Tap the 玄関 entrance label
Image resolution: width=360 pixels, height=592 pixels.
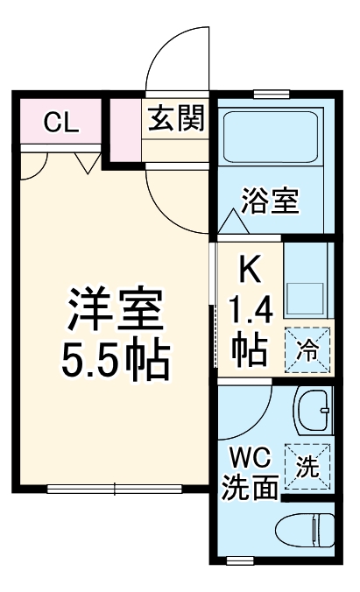(x=175, y=119)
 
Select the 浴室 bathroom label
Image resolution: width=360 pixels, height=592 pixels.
(x=271, y=201)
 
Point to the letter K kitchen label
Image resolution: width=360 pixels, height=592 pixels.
(x=249, y=271)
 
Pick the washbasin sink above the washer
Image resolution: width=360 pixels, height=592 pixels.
(x=313, y=412)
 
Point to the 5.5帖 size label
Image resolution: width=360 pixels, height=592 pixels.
(x=115, y=357)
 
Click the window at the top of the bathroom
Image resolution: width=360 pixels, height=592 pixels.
(x=272, y=94)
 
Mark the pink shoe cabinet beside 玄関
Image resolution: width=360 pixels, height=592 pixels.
(x=124, y=131)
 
